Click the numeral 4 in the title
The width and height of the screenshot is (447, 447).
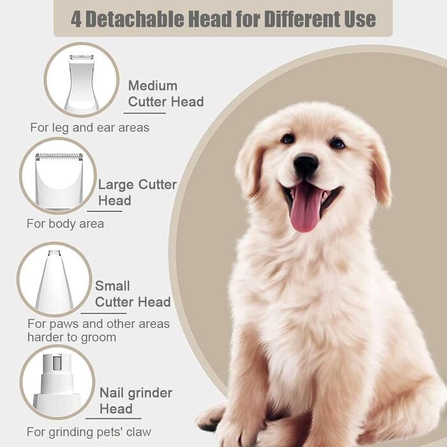(x=76, y=20)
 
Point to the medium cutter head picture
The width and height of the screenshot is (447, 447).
(x=81, y=82)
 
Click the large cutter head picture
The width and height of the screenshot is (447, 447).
(x=59, y=181)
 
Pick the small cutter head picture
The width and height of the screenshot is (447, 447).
(x=54, y=280)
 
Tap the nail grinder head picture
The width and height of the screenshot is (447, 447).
(x=57, y=382)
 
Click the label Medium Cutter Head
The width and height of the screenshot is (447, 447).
(x=166, y=94)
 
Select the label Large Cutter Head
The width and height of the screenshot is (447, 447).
(x=137, y=192)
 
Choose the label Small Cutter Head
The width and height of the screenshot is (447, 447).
(x=133, y=294)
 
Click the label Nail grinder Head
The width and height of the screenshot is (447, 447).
(x=135, y=401)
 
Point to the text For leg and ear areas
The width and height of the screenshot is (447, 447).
(x=90, y=128)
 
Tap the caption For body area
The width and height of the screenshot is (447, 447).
(x=65, y=223)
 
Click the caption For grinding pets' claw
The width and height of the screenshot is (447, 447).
(x=89, y=432)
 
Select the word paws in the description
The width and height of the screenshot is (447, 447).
(x=63, y=324)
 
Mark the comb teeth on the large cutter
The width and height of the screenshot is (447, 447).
(x=59, y=156)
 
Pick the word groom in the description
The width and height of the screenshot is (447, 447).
(x=98, y=338)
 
